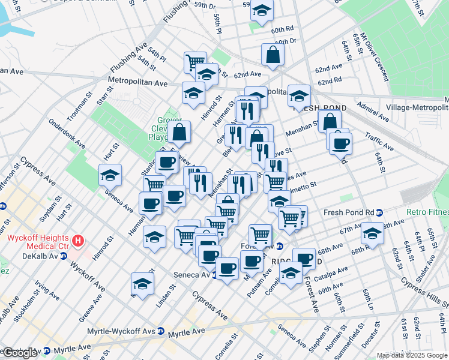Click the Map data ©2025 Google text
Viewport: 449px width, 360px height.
point(412,355)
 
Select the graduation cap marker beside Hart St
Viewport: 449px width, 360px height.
point(110,175)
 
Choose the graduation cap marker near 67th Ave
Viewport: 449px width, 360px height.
point(372,233)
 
